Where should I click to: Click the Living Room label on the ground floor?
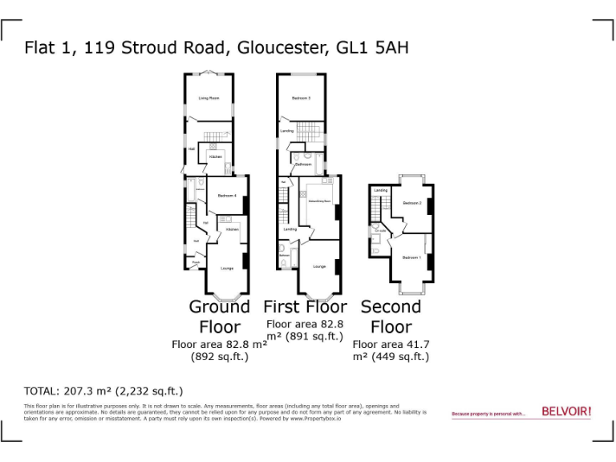click(209, 98)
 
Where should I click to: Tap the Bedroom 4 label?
click(225, 195)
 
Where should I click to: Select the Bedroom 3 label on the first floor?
click(301, 98)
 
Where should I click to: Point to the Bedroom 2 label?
click(412, 203)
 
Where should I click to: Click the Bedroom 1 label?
click(411, 257)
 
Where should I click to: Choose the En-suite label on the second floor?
click(380, 231)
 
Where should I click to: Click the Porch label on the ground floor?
click(195, 262)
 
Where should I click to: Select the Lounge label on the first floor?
click(319, 266)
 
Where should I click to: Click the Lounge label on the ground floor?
click(227, 269)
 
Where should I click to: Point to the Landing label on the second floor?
click(380, 190)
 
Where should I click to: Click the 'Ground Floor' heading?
click(220, 317)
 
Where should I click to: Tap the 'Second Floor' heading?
click(391, 317)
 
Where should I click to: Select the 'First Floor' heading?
click(305, 307)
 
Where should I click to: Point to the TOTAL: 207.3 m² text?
click(103, 391)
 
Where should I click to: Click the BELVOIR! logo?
click(566, 411)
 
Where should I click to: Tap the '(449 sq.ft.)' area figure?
click(391, 357)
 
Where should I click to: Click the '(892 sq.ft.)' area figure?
click(219, 357)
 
